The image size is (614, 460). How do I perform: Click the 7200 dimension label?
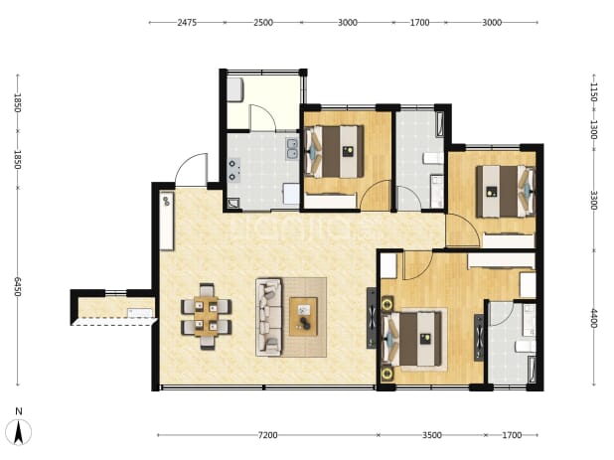coord(268,435)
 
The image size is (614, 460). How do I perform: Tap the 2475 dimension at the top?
coord(187,22)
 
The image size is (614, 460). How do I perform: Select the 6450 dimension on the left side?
coord(17,286)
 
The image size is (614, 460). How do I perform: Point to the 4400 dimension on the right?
coord(594,319)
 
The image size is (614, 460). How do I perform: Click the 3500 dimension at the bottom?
coord(432,435)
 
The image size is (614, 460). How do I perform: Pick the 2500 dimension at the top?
coord(263,22)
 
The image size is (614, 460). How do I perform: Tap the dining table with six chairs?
coord(207,316)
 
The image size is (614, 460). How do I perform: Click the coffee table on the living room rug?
coord(303,316)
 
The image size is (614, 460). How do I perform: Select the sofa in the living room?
coord(268,317)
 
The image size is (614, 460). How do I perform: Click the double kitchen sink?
coord(292,149)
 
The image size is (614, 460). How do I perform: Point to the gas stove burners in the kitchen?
coord(233,170)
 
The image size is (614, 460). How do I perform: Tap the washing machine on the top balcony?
coord(235,89)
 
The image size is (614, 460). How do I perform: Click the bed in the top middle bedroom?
coord(335,151)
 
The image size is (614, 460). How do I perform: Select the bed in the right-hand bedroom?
coord(505,191)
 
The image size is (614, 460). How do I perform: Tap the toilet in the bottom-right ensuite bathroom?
coord(526,346)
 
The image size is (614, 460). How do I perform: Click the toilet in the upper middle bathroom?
coord(433,158)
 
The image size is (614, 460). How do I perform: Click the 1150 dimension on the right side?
coord(594,92)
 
